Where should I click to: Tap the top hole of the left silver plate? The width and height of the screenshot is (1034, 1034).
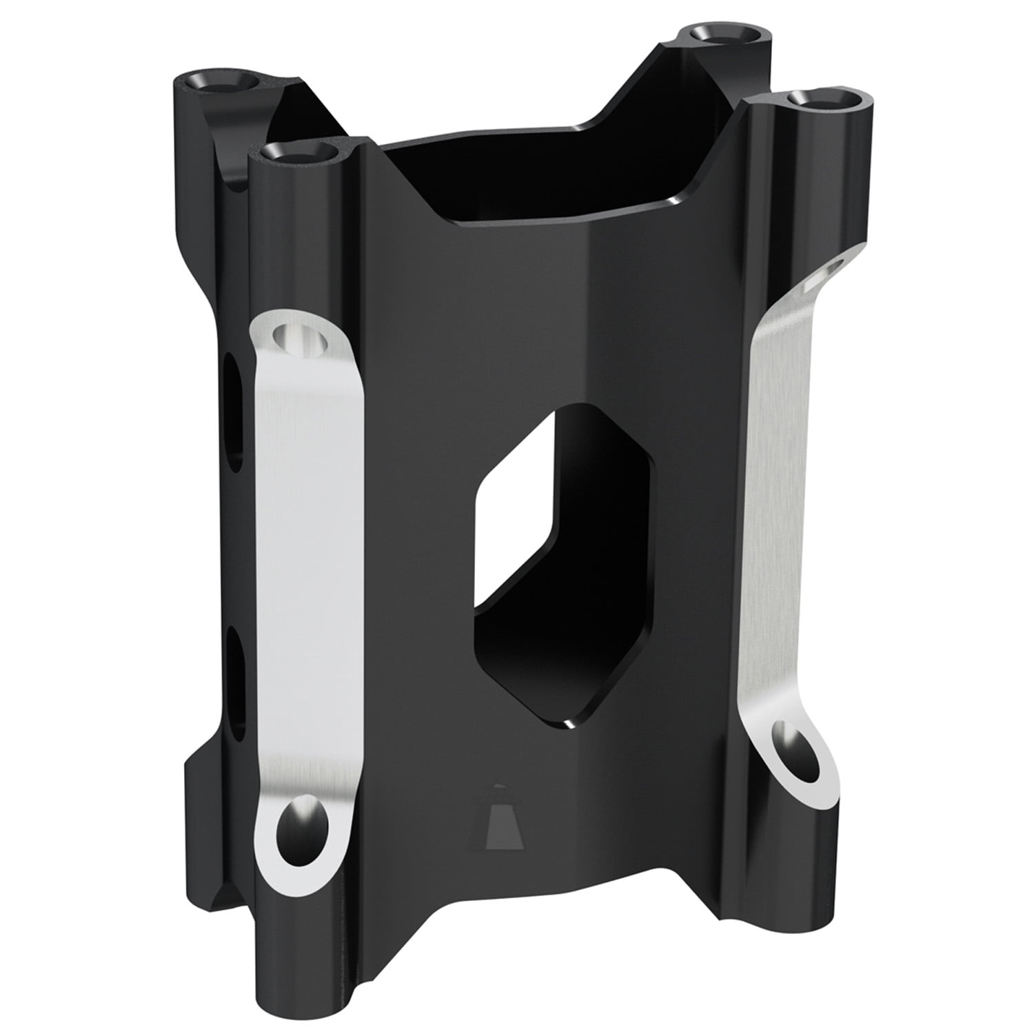click(x=298, y=338)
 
